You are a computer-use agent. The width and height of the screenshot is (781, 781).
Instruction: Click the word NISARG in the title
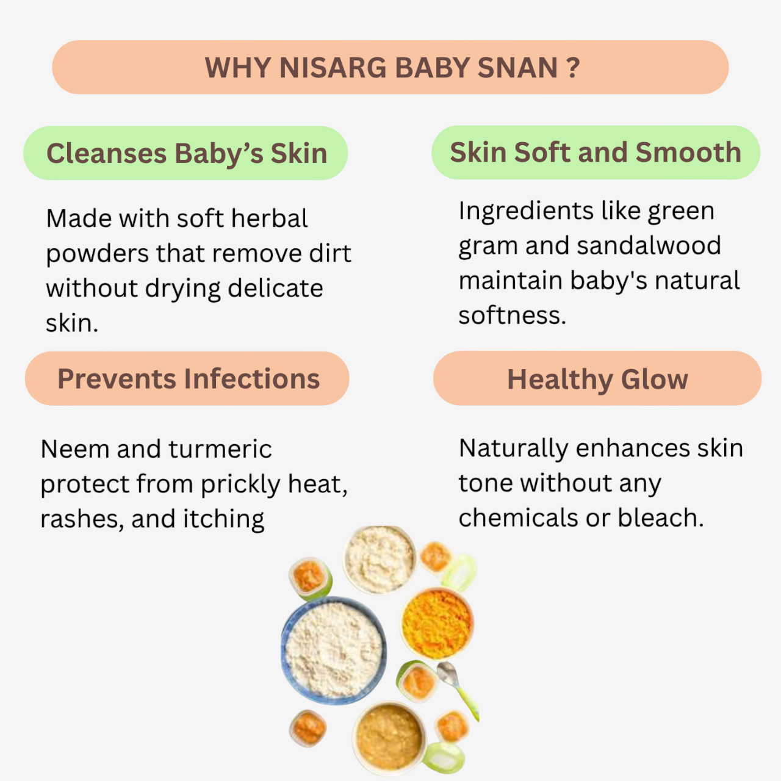coord(333,68)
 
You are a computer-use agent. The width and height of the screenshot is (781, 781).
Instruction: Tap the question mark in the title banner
coord(573,67)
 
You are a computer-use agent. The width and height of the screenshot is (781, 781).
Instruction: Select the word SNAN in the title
coord(517,68)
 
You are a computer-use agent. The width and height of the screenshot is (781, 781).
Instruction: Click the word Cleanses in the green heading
coord(107,153)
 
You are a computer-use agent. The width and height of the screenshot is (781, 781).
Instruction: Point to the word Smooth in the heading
coord(688,153)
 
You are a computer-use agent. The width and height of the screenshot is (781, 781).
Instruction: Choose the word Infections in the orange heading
coord(251,379)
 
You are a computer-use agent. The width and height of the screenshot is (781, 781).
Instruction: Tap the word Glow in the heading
coord(654,380)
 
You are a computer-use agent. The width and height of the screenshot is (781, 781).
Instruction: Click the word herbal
coord(269,218)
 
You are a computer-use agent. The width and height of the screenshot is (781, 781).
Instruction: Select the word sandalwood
coord(649,246)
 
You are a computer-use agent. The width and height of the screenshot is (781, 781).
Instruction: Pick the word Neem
coord(75,449)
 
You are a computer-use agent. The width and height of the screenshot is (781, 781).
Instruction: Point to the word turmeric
coord(220,449)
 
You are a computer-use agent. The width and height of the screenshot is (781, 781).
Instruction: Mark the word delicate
coord(275,288)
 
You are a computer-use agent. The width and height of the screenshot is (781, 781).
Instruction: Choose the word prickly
coord(240,484)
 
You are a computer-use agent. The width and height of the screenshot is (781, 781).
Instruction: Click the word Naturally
coord(513,450)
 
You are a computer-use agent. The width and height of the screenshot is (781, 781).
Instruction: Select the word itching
coord(223,520)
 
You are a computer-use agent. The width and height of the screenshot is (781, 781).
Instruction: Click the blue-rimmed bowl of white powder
coord(334,650)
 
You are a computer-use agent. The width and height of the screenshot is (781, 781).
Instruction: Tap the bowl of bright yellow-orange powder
coord(437,624)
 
